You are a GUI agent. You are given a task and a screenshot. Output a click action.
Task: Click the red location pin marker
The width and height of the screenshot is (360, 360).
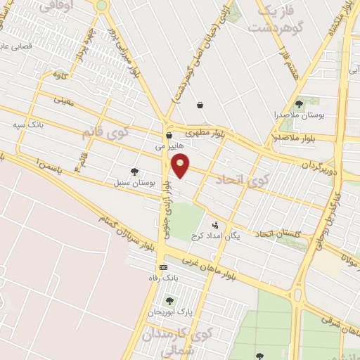tap(181, 165)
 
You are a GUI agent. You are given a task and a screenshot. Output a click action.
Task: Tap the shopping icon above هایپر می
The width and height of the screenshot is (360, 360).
tap(169, 136)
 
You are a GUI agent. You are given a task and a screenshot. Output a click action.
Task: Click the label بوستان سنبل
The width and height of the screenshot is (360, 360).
tap(134, 183)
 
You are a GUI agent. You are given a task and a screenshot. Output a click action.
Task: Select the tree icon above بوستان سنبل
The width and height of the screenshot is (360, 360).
tap(134, 171)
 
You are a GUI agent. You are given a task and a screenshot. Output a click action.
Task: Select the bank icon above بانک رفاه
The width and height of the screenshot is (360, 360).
tap(164, 267)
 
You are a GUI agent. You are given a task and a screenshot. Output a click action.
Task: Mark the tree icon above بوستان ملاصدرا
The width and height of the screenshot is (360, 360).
tap(299, 104)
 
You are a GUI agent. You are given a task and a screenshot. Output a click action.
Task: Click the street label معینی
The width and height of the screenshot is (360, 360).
tap(63, 101)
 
